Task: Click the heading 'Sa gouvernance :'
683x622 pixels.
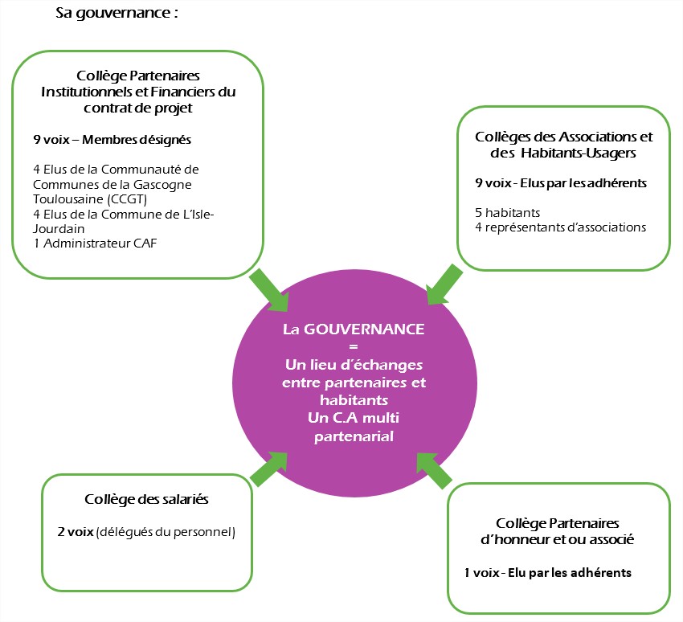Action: coord(117,13)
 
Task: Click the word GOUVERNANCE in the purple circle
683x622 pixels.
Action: coord(364,329)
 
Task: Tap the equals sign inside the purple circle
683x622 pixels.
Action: coord(354,347)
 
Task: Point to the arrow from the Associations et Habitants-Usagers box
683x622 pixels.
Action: coord(444,284)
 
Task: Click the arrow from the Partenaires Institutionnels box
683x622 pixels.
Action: coord(270,289)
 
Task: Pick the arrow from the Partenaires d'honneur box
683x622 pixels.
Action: coord(434,470)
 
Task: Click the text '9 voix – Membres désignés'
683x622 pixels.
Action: coord(112,140)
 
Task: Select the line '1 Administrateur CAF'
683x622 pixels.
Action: coord(95,243)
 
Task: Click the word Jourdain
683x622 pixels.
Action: coord(59,229)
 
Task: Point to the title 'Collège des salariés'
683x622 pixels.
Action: coord(146,499)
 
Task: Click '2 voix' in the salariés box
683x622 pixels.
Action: coord(76,532)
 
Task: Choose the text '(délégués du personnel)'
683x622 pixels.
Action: coord(166,532)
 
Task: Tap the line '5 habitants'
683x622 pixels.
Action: coord(508,213)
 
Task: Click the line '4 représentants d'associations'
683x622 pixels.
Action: coord(560,227)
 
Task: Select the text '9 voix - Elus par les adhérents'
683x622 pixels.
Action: coord(561,183)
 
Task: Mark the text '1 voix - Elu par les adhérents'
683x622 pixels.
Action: coord(547,572)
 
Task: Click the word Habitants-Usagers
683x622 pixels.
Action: coord(579,153)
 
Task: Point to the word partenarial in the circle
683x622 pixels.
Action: coord(354,436)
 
